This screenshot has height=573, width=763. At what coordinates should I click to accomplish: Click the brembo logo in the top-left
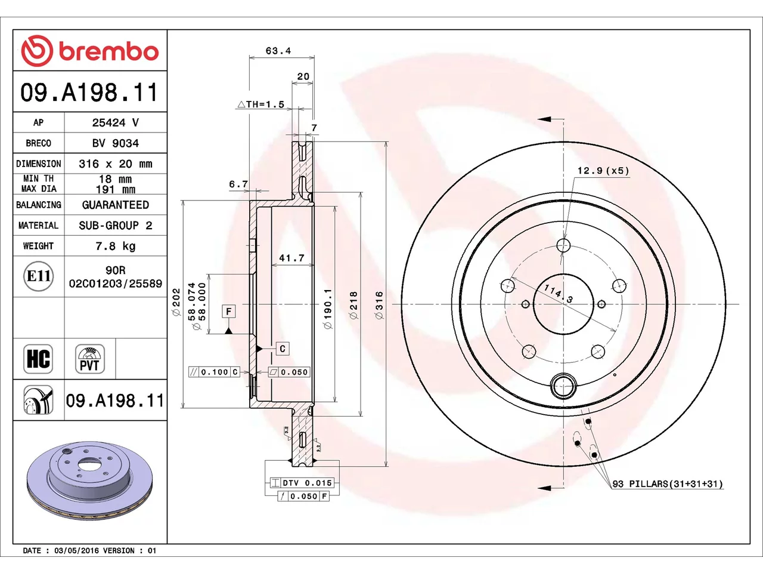point(89,51)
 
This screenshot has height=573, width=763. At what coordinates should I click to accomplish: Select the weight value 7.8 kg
point(116,246)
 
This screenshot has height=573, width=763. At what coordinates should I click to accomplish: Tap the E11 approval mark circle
point(38,276)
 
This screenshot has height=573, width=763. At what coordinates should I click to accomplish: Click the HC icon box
point(38,359)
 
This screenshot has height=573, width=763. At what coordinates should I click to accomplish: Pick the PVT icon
point(89,359)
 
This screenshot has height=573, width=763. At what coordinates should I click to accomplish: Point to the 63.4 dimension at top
point(278,51)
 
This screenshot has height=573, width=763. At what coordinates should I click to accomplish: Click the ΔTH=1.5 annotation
point(260,104)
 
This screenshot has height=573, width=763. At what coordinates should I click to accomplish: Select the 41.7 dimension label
point(291,258)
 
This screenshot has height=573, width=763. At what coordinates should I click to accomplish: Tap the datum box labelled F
point(228,311)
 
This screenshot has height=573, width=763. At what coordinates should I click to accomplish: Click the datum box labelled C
point(283,349)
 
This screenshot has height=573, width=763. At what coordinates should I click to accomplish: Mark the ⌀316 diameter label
point(379,305)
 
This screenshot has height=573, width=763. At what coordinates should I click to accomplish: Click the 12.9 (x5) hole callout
point(603,171)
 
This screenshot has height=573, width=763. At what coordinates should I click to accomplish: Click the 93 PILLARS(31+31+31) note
point(668,484)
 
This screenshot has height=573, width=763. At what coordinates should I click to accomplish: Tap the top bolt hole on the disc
point(563,245)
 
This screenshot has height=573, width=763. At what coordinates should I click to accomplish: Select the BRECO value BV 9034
point(116,143)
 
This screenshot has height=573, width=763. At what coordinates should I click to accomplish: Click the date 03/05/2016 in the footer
point(76,551)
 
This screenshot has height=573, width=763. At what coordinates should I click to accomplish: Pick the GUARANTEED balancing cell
point(116,205)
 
